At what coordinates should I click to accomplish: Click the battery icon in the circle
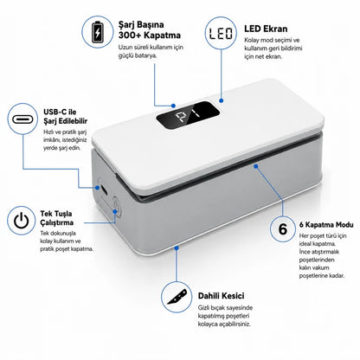tap(98, 31)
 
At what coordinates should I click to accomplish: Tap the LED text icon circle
tap(221, 33)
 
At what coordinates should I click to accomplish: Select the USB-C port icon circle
tap(22, 119)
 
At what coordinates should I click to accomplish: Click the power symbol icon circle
tap(22, 221)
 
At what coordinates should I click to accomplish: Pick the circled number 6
tap(283, 228)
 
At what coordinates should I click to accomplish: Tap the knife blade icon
tap(177, 297)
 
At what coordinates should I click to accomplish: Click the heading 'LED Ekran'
tap(266, 29)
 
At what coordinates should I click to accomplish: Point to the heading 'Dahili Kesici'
tap(221, 296)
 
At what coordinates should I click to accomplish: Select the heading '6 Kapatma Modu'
tap(326, 224)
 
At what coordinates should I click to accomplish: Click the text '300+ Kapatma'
tap(150, 35)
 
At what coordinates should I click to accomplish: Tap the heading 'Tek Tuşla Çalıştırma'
tap(56, 218)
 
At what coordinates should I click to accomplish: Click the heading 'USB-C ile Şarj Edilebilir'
tap(65, 116)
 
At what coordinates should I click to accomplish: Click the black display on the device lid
tap(188, 115)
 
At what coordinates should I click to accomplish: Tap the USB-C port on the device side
tap(104, 190)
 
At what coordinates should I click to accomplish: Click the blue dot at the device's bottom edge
tap(177, 247)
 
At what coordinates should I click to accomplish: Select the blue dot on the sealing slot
tap(256, 166)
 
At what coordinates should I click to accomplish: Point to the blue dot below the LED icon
tap(221, 100)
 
